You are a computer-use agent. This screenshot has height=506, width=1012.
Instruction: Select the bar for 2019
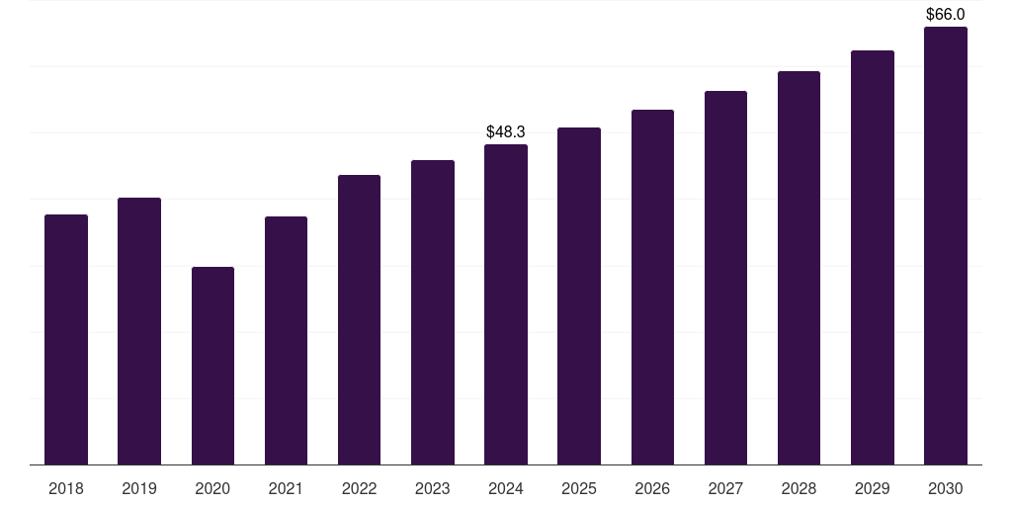tap(139, 331)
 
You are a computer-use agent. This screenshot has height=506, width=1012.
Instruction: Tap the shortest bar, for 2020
tap(212, 366)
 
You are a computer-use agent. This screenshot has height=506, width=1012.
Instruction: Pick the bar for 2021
tap(286, 340)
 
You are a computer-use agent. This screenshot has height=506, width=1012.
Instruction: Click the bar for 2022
tap(359, 319)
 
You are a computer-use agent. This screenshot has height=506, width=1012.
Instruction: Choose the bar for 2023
tap(433, 312)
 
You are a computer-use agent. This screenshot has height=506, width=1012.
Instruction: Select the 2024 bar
tap(506, 304)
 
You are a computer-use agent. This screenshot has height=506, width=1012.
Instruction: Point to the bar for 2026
tap(652, 287)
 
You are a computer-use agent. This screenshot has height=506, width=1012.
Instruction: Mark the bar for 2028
tap(799, 268)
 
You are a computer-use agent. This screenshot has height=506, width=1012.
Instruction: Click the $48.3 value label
tap(506, 131)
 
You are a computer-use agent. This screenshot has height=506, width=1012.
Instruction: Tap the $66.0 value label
tap(946, 14)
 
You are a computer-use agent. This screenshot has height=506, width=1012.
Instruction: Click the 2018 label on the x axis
tap(66, 488)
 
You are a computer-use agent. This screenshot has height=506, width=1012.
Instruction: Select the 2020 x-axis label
tap(212, 488)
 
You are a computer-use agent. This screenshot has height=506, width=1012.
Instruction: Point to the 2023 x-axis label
tap(433, 488)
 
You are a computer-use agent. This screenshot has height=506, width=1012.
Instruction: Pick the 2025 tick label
tap(579, 488)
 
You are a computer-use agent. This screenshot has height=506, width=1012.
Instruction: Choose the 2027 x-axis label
tap(725, 488)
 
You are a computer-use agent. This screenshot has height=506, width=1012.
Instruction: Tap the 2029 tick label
tap(873, 488)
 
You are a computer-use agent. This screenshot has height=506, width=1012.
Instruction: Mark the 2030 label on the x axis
tap(946, 488)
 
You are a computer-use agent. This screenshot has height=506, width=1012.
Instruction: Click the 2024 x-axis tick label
tap(506, 488)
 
